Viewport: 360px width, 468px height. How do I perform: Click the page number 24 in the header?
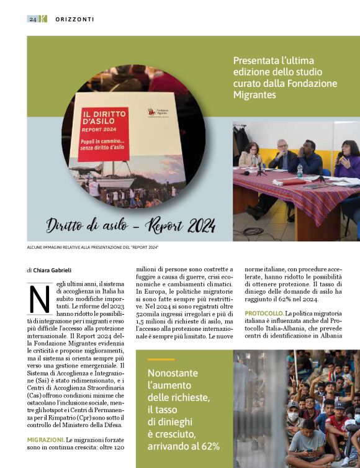(32, 19)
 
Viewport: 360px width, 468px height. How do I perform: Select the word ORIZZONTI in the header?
(74, 19)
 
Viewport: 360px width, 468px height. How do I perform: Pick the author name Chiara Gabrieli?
(54, 271)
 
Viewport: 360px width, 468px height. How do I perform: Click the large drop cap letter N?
(40, 299)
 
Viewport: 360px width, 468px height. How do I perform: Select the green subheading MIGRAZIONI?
(45, 439)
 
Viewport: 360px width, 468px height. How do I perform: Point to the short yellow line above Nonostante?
(161, 359)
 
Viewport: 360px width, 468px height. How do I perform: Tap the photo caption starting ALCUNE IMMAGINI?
(92, 248)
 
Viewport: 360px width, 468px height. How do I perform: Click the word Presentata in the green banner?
(255, 61)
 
